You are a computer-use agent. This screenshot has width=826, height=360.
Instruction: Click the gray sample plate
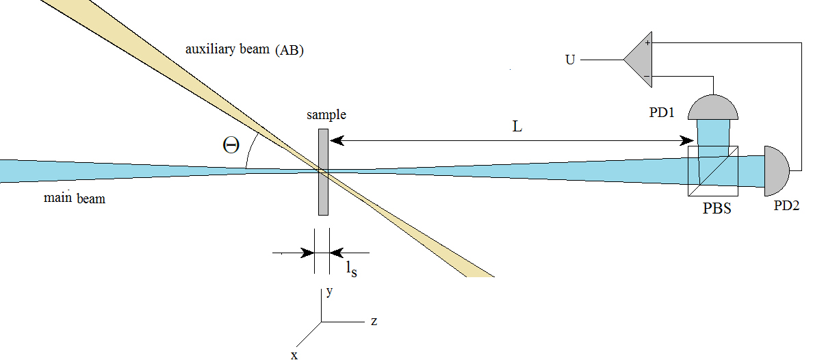tap(323, 172)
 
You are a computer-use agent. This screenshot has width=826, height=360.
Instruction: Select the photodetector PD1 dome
tap(713, 107)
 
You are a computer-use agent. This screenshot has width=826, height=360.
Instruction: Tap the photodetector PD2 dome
tap(776, 171)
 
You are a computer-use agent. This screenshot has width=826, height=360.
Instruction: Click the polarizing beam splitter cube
tap(713, 171)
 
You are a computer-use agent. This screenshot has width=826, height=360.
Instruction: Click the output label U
tap(570, 60)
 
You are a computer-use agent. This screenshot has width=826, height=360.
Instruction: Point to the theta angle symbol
tap(231, 145)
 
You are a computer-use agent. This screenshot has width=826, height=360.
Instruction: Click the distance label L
tap(517, 127)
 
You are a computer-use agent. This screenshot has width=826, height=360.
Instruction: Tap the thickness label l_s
tap(352, 269)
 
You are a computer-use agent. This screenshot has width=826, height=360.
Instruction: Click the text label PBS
tap(717, 208)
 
